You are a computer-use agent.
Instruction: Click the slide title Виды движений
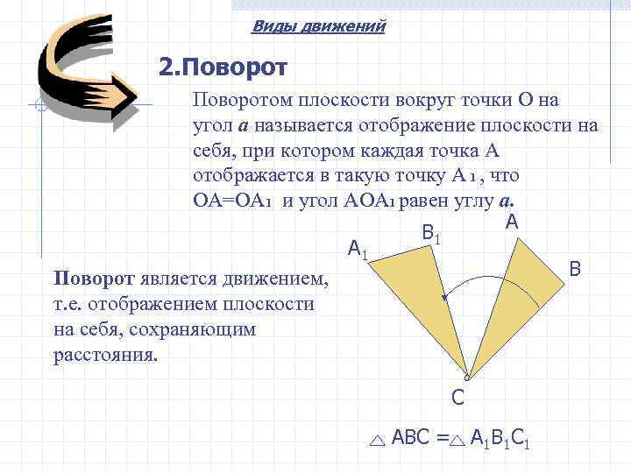click(x=318, y=26)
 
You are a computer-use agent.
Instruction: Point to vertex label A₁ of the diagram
click(x=358, y=251)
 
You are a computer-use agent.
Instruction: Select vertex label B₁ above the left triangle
click(x=430, y=234)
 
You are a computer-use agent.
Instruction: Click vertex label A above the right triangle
click(x=512, y=222)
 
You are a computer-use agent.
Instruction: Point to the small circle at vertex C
click(x=467, y=378)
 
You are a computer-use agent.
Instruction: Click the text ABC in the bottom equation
click(x=412, y=437)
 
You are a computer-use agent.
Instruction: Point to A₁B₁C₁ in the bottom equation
click(x=500, y=438)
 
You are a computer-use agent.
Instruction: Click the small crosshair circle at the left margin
click(x=37, y=108)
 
